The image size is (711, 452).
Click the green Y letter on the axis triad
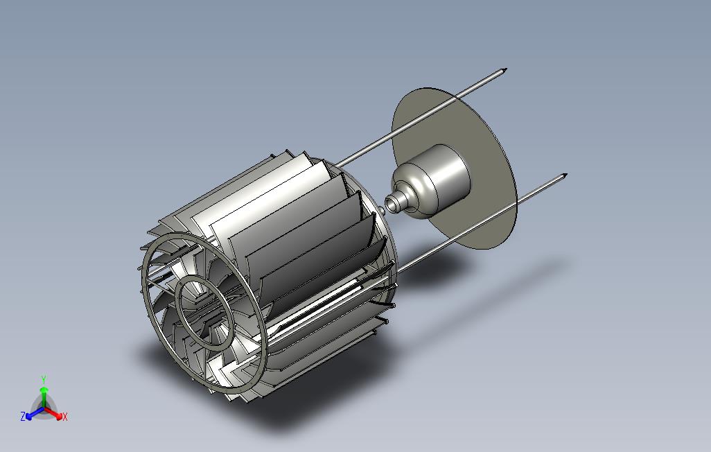click(x=44, y=379)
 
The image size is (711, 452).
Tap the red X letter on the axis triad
click(x=65, y=416)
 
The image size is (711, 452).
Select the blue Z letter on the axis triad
click(x=23, y=416)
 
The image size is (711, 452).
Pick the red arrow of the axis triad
click(x=53, y=413)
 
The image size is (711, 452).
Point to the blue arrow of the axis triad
click(x=35, y=413)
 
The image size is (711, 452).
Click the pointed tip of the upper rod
click(x=506, y=70)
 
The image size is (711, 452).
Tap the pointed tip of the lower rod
click(x=566, y=175)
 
